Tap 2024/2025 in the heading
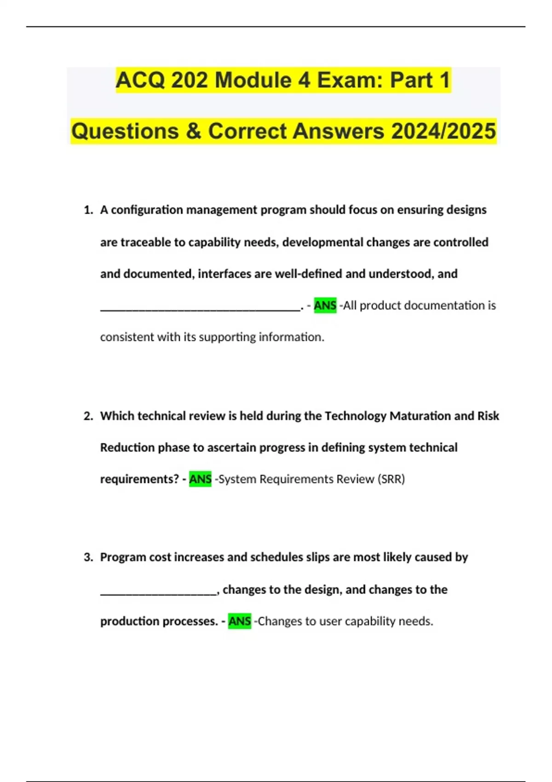pyautogui.click(x=443, y=131)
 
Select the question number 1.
pyautogui.click(x=88, y=210)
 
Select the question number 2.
pyautogui.click(x=88, y=416)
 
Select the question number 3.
pyautogui.click(x=88, y=558)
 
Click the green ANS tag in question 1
pyautogui.click(x=325, y=305)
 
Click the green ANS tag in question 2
pyautogui.click(x=200, y=479)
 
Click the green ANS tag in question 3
pyautogui.click(x=239, y=621)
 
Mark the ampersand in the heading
pyautogui.click(x=194, y=131)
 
